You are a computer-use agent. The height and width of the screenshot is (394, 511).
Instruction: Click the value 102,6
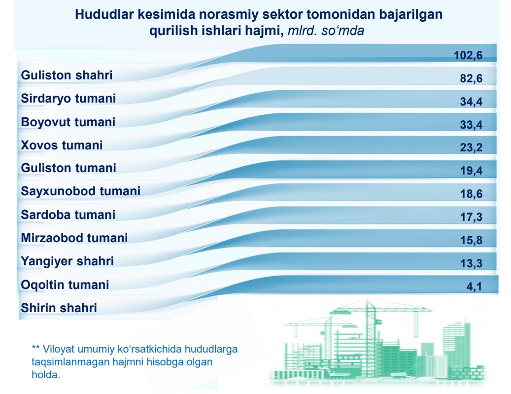468,55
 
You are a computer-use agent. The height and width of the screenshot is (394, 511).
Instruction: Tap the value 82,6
471,78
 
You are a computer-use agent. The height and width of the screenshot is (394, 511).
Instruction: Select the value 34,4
471,102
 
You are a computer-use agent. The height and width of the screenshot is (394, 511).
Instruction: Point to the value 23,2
471,147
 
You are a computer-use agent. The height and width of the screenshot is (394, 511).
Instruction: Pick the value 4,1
474,287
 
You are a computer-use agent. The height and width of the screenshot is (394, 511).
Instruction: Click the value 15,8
471,240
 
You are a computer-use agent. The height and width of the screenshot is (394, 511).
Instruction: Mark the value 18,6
471,194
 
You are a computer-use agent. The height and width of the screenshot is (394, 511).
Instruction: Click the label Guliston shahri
67,75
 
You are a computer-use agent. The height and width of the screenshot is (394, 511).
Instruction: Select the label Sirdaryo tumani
68,99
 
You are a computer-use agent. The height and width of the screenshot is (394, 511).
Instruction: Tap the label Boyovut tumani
68,122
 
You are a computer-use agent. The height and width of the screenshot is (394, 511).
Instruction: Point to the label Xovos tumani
62,145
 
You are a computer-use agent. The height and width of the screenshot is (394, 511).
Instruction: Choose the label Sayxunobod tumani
80,191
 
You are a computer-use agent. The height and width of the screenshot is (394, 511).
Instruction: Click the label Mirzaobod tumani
74,238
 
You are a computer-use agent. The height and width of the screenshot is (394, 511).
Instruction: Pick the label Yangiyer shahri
67,261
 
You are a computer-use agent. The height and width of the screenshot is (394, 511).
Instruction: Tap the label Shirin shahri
59,308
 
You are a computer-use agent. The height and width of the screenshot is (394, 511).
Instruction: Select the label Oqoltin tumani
65,285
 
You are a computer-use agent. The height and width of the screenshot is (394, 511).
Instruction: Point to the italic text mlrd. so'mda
326,31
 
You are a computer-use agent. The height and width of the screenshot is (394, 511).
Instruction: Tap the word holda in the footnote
46,374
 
